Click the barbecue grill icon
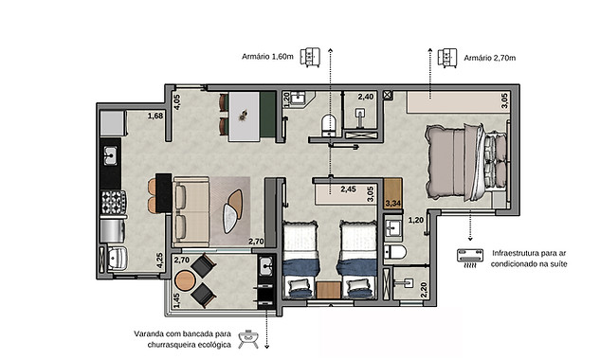(x=247, y=339)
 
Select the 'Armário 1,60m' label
(x=267, y=57)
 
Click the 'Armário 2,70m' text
(x=490, y=58)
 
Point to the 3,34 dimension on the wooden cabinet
(x=393, y=203)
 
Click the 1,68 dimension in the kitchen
(x=155, y=116)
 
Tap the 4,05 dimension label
(x=177, y=102)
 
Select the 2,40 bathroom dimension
(x=366, y=97)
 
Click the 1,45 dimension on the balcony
(x=176, y=300)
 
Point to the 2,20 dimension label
(x=424, y=290)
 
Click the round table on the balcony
(x=185, y=280)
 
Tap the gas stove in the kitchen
(x=113, y=203)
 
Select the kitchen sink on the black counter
(x=110, y=156)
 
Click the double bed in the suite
(x=467, y=162)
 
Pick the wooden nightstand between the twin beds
(x=328, y=290)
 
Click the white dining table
(x=245, y=117)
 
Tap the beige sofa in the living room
(x=191, y=211)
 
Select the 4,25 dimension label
(x=159, y=261)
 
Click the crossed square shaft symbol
(x=388, y=95)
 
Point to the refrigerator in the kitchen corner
(x=113, y=123)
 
